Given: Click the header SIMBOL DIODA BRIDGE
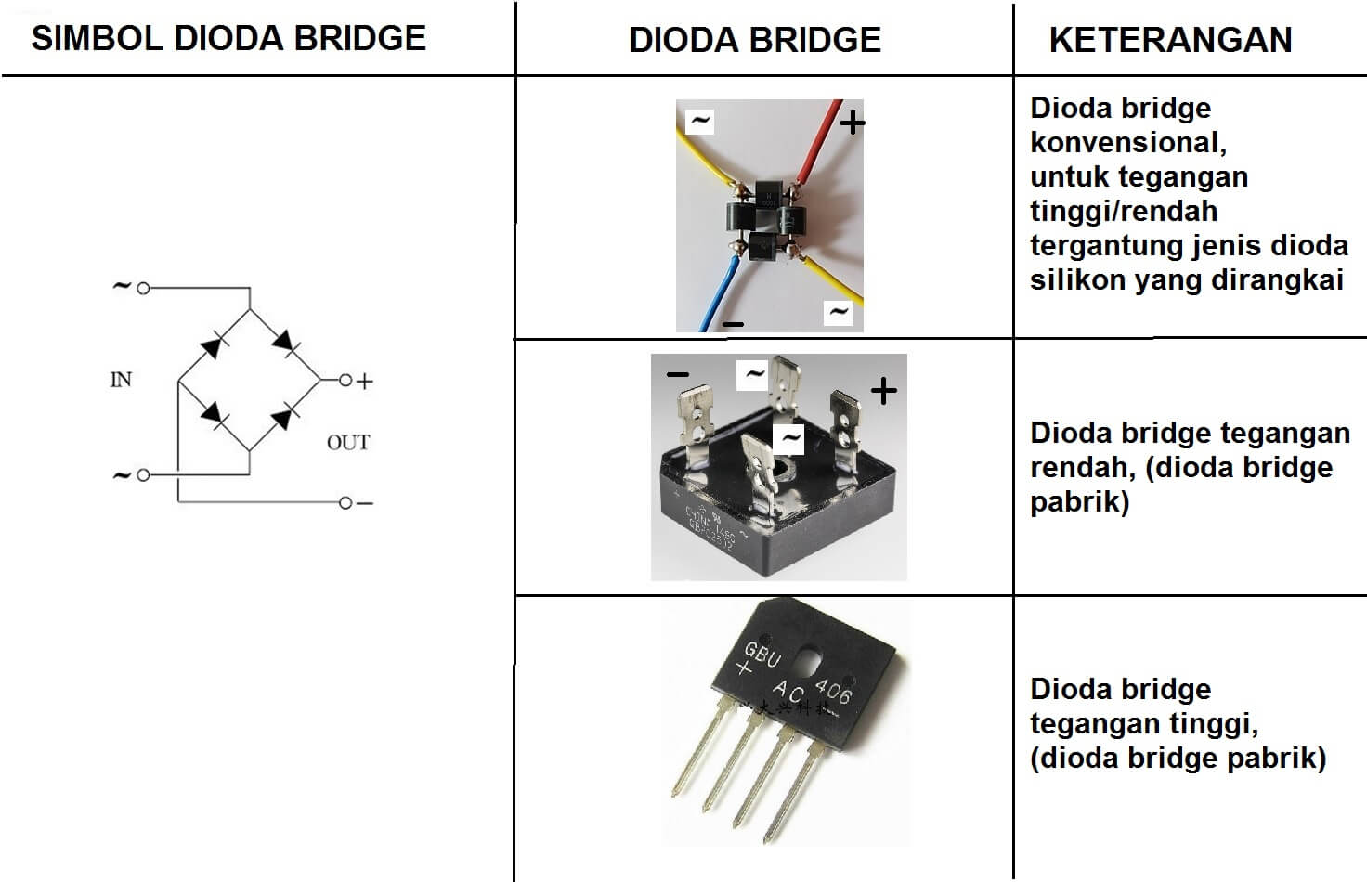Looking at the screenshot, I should click(228, 38).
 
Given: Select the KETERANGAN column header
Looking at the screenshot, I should click(1170, 40).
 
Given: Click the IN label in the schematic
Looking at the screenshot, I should click(121, 380).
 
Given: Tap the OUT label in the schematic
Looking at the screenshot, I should click(348, 443).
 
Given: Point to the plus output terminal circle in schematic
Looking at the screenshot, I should click(345, 381).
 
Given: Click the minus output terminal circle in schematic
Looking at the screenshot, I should click(345, 503).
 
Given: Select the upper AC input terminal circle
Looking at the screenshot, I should click(143, 289).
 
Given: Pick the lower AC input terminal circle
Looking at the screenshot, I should click(143, 475).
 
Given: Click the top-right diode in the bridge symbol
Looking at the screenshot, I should click(284, 344).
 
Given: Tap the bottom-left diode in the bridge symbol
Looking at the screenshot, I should click(214, 414).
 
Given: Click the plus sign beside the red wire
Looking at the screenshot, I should click(852, 122).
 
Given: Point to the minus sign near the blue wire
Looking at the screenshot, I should click(733, 324).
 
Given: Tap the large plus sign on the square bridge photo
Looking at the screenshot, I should click(883, 391).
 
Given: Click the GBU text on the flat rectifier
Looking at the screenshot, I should click(762, 654).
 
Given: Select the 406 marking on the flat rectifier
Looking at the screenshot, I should click(832, 690).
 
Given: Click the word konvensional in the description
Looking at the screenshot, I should click(1127, 142).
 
